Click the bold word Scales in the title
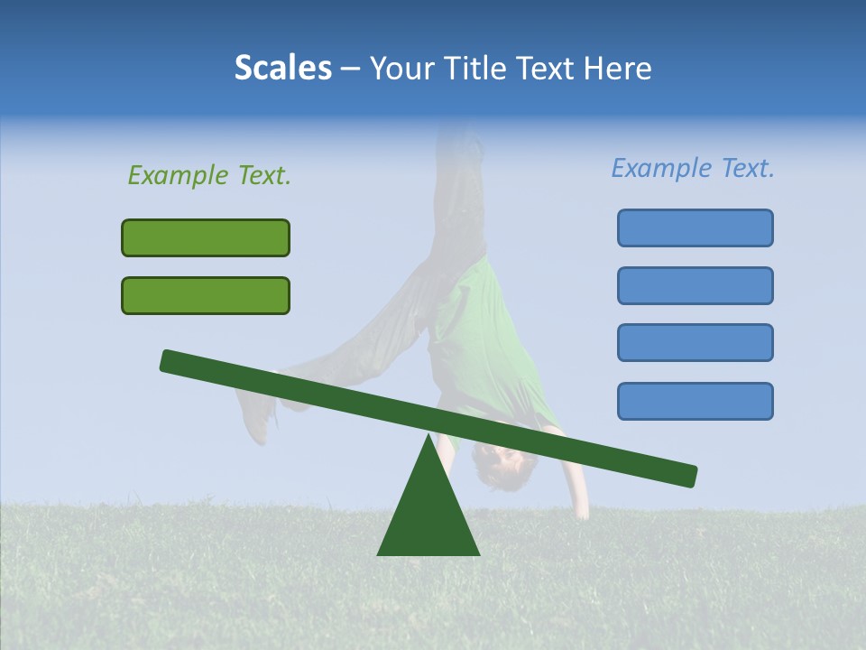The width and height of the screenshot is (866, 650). click(282, 68)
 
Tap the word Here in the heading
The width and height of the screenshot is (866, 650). click(617, 68)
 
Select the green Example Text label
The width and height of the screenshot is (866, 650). click(209, 175)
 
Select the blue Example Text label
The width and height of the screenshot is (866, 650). click(693, 168)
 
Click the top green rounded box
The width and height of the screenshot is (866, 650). click(206, 237)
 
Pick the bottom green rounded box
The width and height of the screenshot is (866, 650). click(206, 295)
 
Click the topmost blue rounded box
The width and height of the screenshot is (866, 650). click(695, 227)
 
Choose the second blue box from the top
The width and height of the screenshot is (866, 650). click(695, 285)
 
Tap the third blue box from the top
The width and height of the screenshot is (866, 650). click(695, 342)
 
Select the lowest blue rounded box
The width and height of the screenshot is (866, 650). click(695, 401)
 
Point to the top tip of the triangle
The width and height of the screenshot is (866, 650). click(428, 436)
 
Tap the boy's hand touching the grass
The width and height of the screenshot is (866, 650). click(581, 510)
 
